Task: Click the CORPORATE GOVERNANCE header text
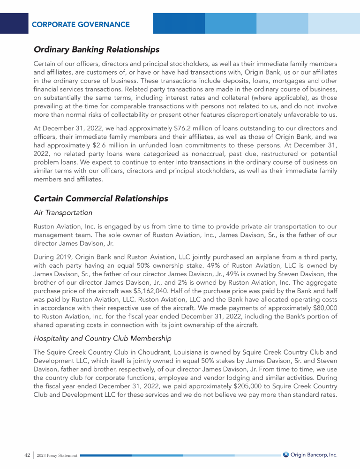(81, 24)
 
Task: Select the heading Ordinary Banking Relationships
(97, 49)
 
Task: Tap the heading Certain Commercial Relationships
(101, 198)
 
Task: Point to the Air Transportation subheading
(63, 212)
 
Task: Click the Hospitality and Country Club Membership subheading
(102, 338)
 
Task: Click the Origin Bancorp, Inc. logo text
(314, 454)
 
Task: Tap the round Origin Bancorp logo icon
(286, 454)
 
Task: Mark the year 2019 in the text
(65, 257)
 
